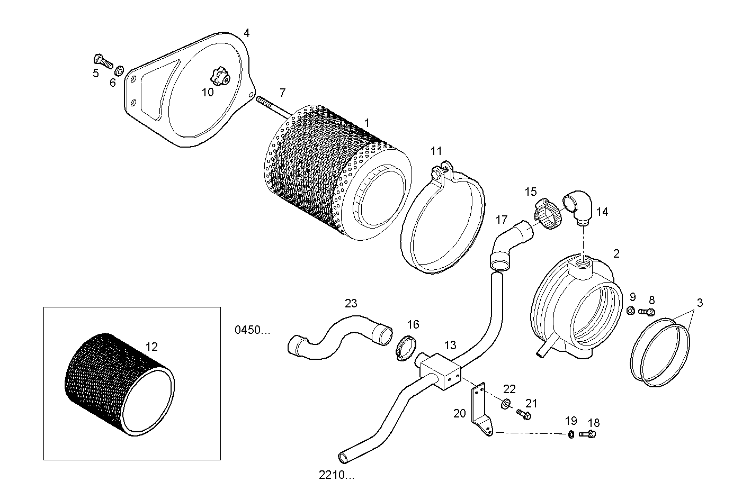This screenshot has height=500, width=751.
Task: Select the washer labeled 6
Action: point(120,70)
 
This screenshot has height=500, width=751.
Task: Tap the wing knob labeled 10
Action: point(220,78)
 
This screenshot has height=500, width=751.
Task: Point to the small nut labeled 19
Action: point(571,435)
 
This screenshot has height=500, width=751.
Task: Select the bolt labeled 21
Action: point(524,415)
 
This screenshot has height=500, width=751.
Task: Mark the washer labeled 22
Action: point(506,405)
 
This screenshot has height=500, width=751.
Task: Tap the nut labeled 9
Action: point(631,311)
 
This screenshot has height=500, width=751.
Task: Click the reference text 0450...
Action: point(252,330)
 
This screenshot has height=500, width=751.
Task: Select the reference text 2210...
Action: point(336,475)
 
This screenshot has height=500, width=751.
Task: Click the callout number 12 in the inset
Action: point(151,347)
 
